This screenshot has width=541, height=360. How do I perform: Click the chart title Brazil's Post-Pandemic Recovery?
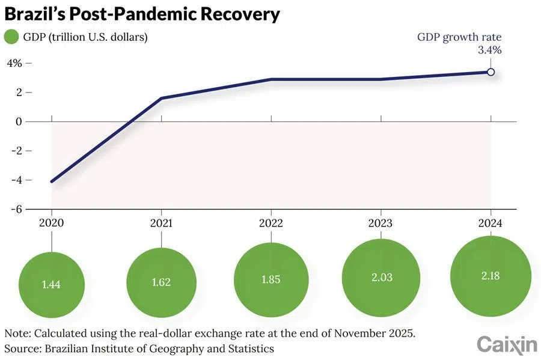click(x=142, y=13)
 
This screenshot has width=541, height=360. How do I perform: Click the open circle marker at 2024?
click(x=491, y=72)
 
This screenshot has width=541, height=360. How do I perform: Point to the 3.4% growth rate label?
click(x=489, y=50)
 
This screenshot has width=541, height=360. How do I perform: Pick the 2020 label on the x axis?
click(x=51, y=222)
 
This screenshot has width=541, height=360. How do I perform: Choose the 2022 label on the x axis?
click(x=270, y=222)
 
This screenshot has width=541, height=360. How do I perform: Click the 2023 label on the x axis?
click(x=381, y=222)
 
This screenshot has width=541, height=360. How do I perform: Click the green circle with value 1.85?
click(x=270, y=279)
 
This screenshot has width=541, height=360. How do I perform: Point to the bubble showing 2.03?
click(x=381, y=278)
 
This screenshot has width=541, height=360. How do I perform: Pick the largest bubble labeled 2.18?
click(x=491, y=276)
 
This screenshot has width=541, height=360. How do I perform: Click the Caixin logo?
click(x=506, y=344)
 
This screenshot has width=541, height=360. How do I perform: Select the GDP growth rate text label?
click(x=459, y=37)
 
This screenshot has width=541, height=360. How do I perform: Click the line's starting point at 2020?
click(x=52, y=181)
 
